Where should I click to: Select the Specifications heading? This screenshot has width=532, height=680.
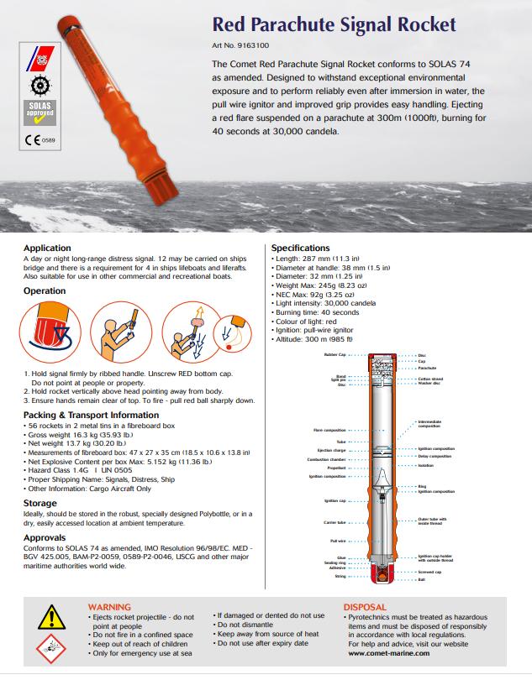click(300, 248)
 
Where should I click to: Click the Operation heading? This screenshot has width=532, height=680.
click(45, 290)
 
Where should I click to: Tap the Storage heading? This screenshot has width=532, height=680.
click(40, 503)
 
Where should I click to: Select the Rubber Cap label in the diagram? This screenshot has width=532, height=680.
click(334, 355)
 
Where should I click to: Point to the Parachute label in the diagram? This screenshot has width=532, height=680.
click(427, 368)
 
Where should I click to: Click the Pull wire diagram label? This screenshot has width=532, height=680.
click(338, 541)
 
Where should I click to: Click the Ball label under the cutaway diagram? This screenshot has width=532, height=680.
click(421, 578)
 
